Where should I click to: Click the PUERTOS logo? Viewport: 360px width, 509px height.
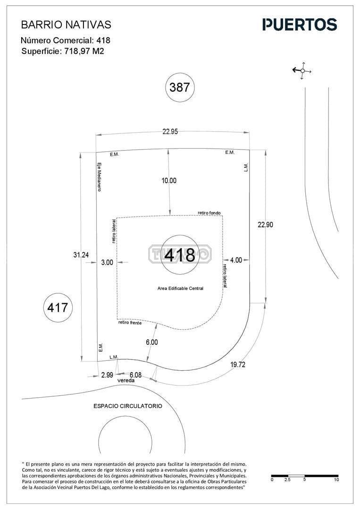(x=300, y=25)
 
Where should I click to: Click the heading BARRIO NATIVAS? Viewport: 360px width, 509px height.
(x=66, y=24)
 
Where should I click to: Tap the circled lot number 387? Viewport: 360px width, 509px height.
(x=180, y=87)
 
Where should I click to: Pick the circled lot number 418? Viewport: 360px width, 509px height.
(x=180, y=255)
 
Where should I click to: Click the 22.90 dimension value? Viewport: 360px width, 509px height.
(x=265, y=225)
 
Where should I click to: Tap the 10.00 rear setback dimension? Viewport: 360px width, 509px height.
(x=169, y=180)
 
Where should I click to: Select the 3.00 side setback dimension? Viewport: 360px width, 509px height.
(x=107, y=263)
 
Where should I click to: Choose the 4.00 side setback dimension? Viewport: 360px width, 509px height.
(x=236, y=260)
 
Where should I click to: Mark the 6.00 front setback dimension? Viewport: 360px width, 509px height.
(x=152, y=342)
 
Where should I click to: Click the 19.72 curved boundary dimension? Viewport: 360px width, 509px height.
(x=238, y=365)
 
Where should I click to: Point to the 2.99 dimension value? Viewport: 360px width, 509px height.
(x=107, y=375)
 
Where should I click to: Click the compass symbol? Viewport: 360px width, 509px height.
(x=302, y=71)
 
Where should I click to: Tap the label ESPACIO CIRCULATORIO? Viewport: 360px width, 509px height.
(x=128, y=406)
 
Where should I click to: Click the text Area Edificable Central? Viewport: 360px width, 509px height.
(x=180, y=288)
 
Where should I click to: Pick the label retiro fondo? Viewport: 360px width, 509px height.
(x=209, y=213)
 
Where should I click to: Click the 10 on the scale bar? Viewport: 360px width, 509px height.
(x=336, y=480)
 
